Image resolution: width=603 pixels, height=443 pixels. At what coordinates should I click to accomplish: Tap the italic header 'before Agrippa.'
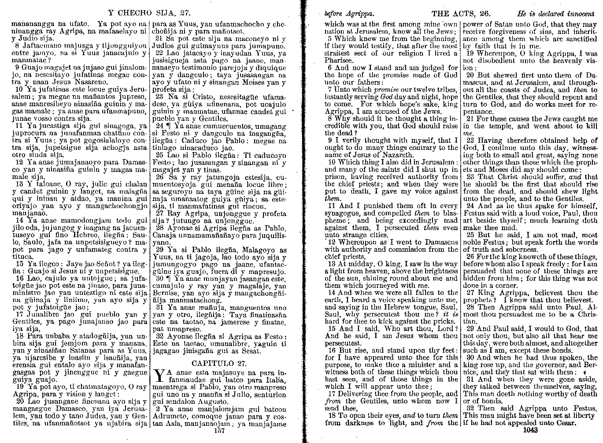349,14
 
